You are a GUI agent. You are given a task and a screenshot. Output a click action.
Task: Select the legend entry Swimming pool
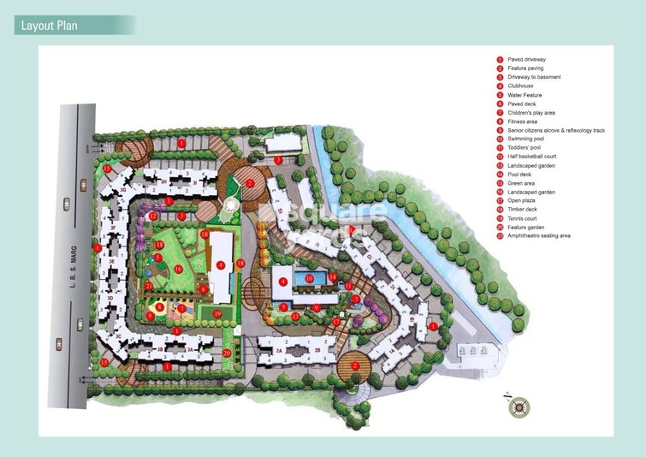click(x=525, y=139)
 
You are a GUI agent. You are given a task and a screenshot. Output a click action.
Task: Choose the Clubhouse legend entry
click(x=521, y=86)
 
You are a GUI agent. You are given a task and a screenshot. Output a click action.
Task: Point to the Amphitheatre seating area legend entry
click(x=538, y=235)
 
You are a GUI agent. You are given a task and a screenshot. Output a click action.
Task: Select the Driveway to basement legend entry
click(x=533, y=77)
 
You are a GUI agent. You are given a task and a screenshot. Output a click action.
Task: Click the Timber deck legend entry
click(x=522, y=209)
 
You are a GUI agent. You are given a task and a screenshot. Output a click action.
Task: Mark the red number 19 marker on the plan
click(x=218, y=314)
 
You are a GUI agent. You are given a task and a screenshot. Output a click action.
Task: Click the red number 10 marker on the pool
click(x=308, y=277)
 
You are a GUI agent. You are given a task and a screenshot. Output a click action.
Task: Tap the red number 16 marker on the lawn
click(x=178, y=269)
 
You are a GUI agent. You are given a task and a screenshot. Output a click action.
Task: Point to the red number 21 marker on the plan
click(x=149, y=285)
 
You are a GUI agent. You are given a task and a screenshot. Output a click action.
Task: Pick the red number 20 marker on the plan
click(x=227, y=353)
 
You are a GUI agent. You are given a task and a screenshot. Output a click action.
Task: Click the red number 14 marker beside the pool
click(x=332, y=276)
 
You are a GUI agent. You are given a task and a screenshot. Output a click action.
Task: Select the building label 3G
click(x=123, y=189)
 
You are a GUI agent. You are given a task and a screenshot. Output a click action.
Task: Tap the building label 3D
click(x=110, y=298)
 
